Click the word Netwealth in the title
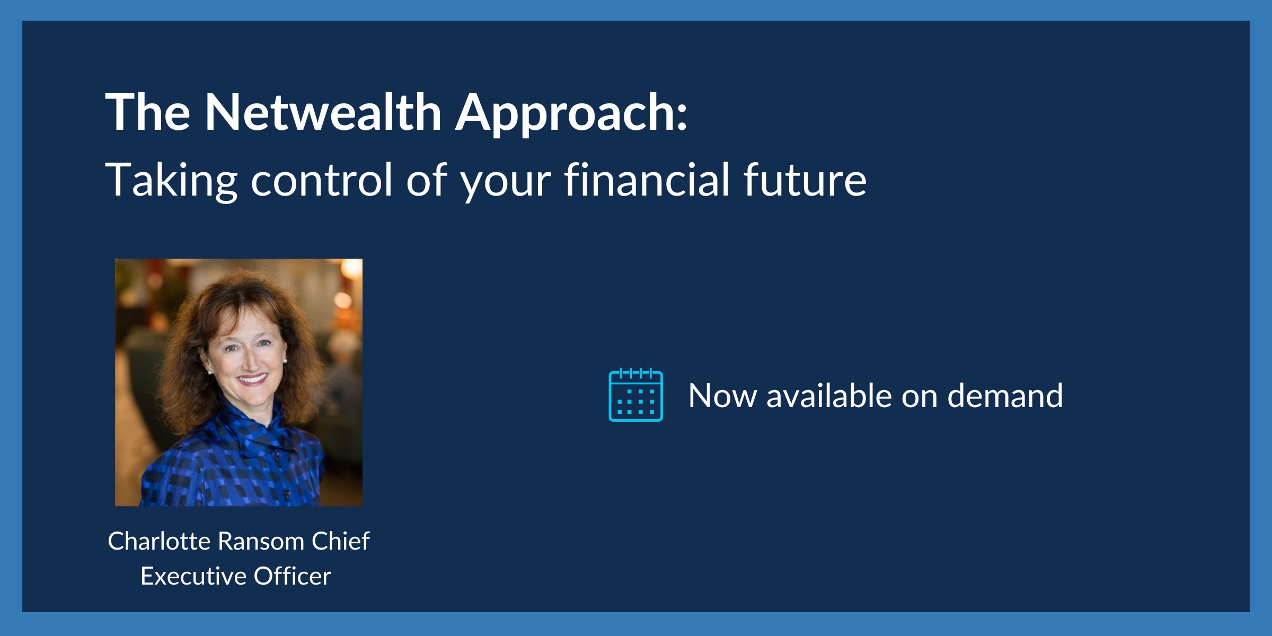click(323, 112)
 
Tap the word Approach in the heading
click(571, 113)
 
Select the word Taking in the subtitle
click(171, 180)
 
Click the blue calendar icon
click(635, 395)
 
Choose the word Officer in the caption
click(292, 576)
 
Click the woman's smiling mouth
click(252, 379)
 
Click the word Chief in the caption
click(340, 541)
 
